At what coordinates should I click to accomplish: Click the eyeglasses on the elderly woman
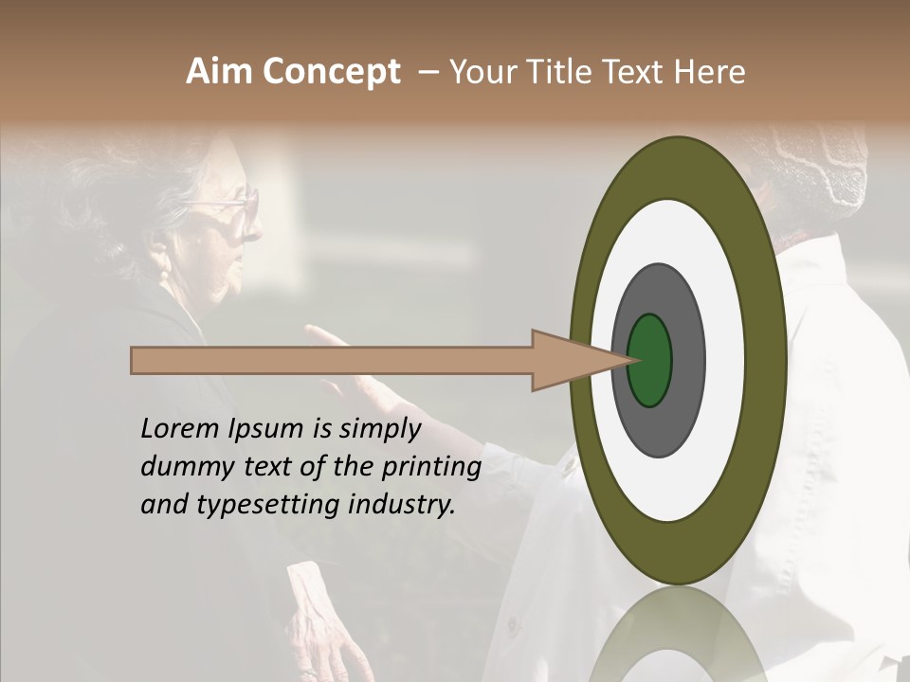pyautogui.click(x=233, y=210)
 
